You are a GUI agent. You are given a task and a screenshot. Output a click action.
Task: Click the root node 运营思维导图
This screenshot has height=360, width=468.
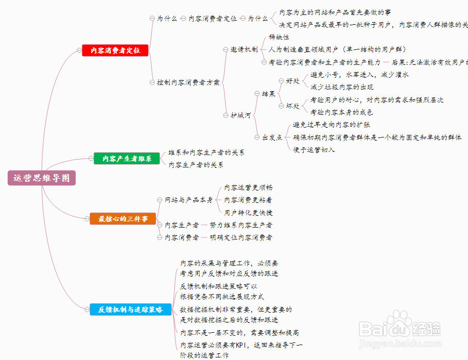point(42,178)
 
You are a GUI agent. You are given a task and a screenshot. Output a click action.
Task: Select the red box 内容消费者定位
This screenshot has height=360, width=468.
point(115,50)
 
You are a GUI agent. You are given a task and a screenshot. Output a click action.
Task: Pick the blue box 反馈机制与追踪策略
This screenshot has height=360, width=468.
point(130,310)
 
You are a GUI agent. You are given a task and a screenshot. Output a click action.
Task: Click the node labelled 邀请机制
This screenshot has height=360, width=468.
point(244,49)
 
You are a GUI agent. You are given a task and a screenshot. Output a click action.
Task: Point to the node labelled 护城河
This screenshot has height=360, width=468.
point(240,115)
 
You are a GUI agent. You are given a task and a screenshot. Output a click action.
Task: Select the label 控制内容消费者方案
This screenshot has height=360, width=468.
point(188,82)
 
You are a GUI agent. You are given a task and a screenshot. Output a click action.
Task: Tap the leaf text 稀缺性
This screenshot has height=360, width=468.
point(279,37)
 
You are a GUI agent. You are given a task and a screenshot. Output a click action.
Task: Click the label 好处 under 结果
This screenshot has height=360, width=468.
point(293,81)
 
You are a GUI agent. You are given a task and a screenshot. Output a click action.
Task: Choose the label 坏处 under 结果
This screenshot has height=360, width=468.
point(293,106)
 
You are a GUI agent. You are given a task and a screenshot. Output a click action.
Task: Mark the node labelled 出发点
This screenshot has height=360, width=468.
point(272,138)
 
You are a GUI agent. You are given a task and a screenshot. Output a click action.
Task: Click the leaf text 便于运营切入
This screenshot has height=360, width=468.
point(314,150)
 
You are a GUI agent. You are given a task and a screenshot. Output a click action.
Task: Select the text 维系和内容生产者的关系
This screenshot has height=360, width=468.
point(206,153)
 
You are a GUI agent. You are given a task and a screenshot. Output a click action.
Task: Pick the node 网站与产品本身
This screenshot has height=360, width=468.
point(188,200)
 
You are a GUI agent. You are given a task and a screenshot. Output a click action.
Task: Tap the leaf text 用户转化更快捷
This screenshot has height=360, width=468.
point(249,212)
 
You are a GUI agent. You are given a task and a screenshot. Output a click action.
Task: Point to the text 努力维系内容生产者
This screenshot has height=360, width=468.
point(241,225)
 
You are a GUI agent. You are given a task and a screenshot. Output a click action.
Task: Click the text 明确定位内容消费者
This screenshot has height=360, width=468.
point(241,237)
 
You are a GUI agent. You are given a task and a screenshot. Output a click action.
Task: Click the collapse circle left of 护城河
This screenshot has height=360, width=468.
point(226,115)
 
